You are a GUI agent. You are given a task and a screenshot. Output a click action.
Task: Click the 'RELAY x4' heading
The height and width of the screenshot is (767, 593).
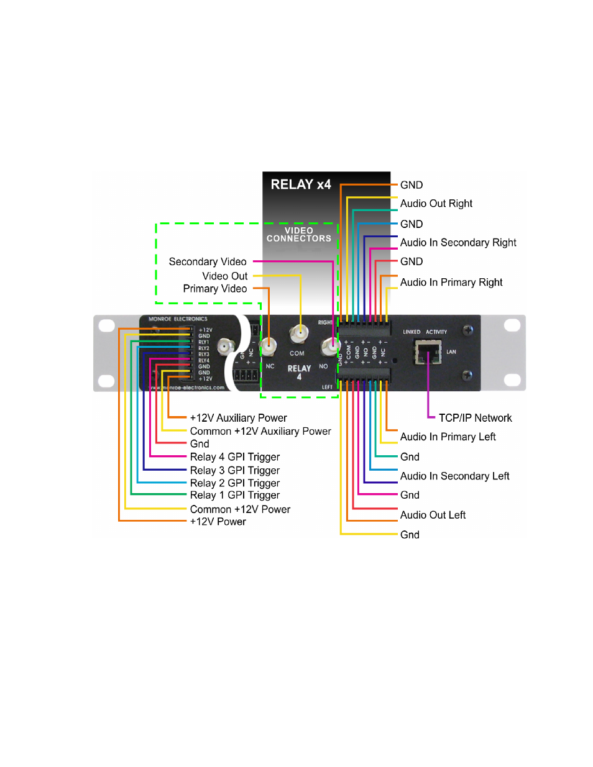[301, 184]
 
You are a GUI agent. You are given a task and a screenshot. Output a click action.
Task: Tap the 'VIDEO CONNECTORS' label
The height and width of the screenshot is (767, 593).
[299, 235]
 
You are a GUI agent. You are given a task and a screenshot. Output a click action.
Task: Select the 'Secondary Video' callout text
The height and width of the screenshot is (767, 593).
[208, 261]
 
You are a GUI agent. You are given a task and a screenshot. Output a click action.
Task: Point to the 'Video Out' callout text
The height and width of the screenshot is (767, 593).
[224, 276]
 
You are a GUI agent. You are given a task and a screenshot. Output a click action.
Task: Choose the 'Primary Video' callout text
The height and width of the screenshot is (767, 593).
[214, 289]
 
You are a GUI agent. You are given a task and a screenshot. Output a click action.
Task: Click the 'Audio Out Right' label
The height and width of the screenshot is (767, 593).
[436, 204]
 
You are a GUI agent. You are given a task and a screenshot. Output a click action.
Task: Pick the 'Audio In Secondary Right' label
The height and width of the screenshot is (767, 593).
[458, 243]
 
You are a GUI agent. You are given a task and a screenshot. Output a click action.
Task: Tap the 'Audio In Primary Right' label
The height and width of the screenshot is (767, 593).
[451, 283]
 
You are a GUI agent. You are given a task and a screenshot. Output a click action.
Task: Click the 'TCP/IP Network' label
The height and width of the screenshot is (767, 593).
[475, 418]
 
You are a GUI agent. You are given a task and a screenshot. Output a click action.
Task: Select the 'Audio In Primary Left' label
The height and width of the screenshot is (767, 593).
[448, 437]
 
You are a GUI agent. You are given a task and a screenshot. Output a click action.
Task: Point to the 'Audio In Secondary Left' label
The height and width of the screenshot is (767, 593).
[454, 476]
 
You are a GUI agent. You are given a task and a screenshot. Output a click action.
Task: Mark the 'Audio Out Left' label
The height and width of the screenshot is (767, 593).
[433, 515]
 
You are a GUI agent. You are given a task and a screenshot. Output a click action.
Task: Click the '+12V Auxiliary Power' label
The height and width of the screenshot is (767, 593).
[238, 418]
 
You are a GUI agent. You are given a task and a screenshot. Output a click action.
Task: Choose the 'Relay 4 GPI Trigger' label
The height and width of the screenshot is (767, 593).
[235, 457]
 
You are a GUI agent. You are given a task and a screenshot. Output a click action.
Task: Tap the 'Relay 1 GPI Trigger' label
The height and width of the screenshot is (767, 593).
[235, 496]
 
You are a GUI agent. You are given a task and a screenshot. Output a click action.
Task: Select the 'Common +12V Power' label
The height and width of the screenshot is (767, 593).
[240, 509]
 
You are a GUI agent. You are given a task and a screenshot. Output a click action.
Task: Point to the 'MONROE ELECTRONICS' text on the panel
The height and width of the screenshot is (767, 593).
[178, 319]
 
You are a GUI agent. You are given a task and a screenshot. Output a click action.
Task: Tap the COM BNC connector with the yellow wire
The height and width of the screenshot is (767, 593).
[300, 334]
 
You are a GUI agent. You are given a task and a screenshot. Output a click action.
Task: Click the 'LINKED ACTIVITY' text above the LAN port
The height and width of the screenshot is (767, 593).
[425, 332]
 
